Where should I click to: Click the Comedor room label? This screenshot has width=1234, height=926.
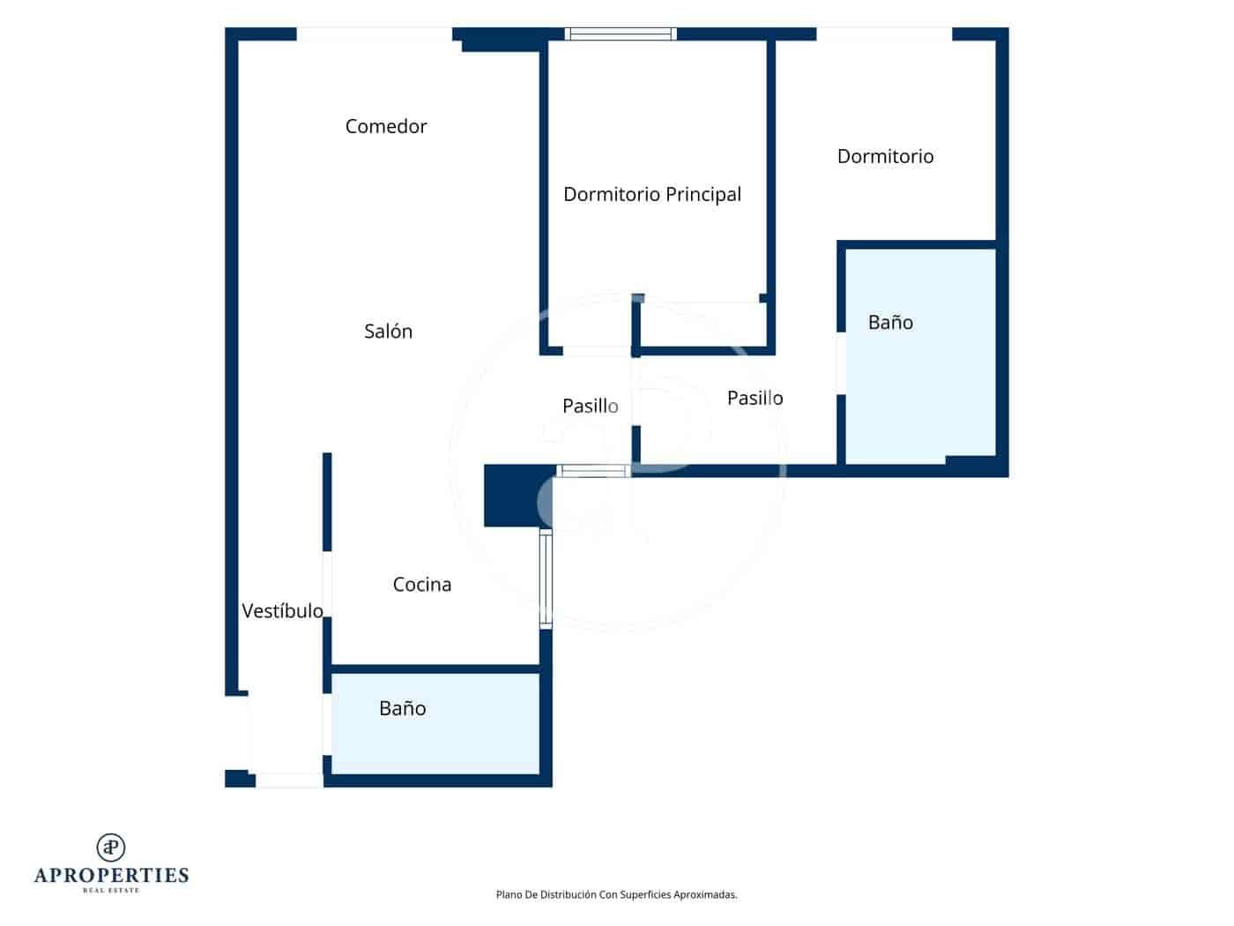pyautogui.click(x=386, y=126)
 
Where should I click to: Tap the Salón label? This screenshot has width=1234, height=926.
pyautogui.click(x=388, y=332)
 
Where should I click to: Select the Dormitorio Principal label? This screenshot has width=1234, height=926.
pyautogui.click(x=652, y=195)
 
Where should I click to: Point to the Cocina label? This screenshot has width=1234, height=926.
pyautogui.click(x=421, y=584)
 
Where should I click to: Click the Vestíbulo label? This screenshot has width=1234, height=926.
pyautogui.click(x=282, y=610)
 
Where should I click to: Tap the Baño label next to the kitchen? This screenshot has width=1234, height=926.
pyautogui.click(x=403, y=708)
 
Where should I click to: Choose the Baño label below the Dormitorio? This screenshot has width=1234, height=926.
pyautogui.click(x=890, y=322)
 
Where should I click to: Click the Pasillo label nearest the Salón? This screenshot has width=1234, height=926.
pyautogui.click(x=591, y=406)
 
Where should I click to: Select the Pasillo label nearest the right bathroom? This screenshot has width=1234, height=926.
pyautogui.click(x=755, y=398)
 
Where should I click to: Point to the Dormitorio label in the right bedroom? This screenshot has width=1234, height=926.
pyautogui.click(x=886, y=156)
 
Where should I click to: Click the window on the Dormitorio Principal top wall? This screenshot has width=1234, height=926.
pyautogui.click(x=621, y=34)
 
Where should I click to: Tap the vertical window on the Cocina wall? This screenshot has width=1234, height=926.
pyautogui.click(x=546, y=578)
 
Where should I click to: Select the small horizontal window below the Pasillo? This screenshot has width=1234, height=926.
pyautogui.click(x=594, y=471)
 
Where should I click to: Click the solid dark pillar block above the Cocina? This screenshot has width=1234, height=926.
pyautogui.click(x=517, y=496)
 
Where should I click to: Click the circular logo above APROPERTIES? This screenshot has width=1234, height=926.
pyautogui.click(x=111, y=848)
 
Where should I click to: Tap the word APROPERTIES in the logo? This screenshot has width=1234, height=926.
pyautogui.click(x=111, y=876)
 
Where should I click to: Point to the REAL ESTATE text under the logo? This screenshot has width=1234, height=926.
pyautogui.click(x=111, y=890)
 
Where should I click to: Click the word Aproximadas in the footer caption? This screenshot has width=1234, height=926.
pyautogui.click(x=705, y=894)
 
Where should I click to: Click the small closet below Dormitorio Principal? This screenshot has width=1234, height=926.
pyautogui.click(x=703, y=325)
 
